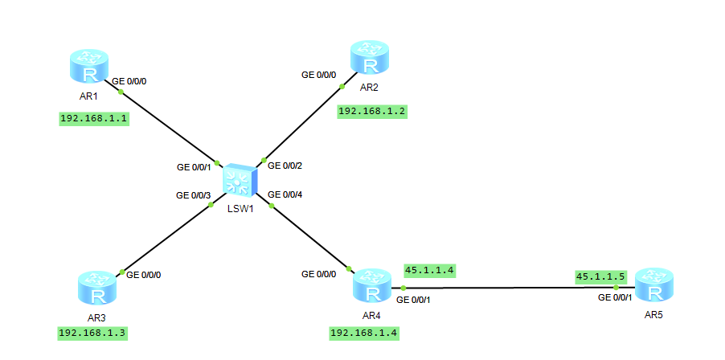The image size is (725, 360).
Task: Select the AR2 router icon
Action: click(x=369, y=59)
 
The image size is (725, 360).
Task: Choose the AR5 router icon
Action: click(x=653, y=286)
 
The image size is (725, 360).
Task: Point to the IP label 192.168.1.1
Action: click(x=95, y=118)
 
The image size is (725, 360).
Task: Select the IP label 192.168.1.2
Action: click(x=372, y=111)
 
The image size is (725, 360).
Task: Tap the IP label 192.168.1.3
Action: click(x=93, y=332)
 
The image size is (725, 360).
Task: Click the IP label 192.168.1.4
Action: click(x=364, y=332)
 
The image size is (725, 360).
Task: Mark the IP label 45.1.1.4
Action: click(x=431, y=270)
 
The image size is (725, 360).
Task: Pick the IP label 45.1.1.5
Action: click(x=600, y=276)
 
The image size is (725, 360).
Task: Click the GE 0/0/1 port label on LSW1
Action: click(x=194, y=168)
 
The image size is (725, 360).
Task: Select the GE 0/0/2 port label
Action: click(x=285, y=166)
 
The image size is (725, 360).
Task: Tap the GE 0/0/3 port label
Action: click(x=194, y=194)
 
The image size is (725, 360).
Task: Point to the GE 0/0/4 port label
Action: click(x=285, y=194)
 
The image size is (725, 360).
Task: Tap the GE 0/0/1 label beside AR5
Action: click(x=615, y=297)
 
